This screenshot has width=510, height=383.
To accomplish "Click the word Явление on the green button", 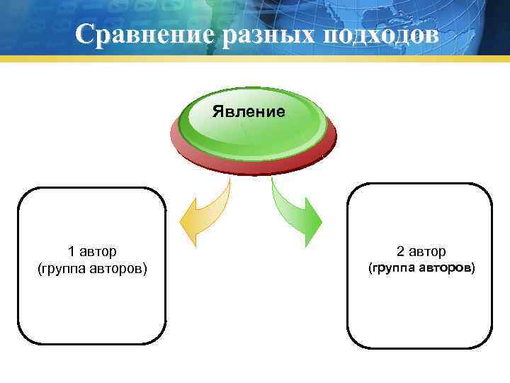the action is [249, 111].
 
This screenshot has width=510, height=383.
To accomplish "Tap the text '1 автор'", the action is [92, 251].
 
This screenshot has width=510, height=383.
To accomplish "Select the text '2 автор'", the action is [421, 251].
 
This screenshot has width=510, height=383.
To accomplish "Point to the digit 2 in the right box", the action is [400, 251].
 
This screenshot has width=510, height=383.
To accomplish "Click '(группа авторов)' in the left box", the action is [92, 269].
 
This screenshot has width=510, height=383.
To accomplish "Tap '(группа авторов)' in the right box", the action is [421, 268].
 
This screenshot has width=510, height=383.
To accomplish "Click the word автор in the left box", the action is [98, 251].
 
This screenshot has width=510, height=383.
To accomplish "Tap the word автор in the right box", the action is [427, 251].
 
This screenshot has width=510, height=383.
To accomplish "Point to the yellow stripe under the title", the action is [255, 59].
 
